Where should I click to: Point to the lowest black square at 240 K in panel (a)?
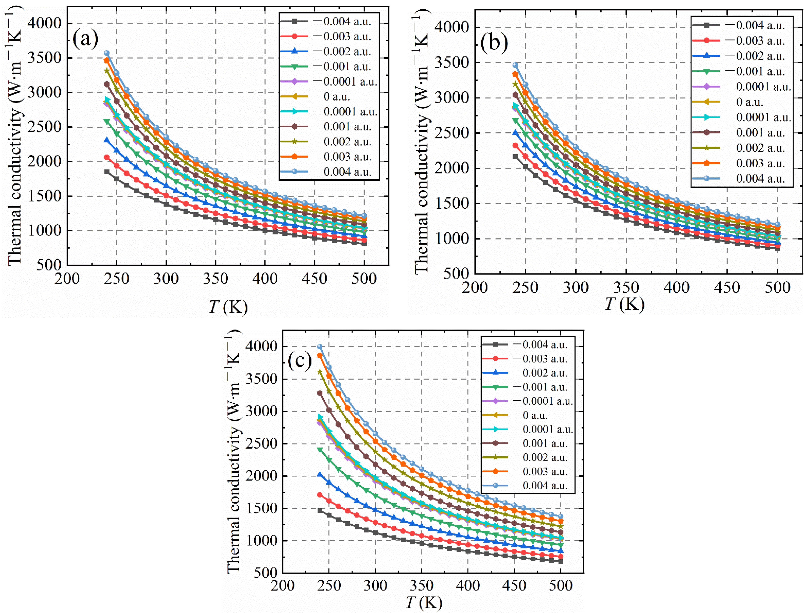(x=107, y=172)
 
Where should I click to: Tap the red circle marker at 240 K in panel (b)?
(x=515, y=145)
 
